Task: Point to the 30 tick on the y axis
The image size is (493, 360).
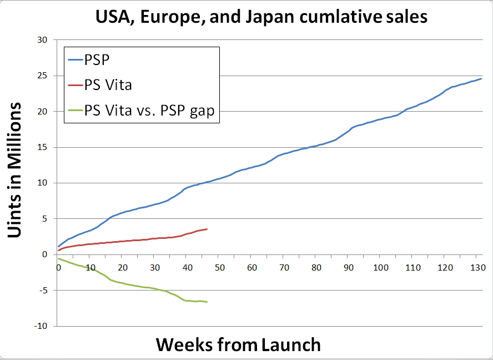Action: click(42, 40)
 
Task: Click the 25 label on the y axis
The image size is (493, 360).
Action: click(42, 76)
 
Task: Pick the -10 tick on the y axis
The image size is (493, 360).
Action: click(40, 326)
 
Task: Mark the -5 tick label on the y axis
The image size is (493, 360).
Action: click(42, 291)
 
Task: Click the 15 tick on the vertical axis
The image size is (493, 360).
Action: click(42, 147)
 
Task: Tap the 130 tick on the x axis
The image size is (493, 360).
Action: click(477, 267)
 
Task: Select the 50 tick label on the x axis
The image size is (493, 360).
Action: click(220, 267)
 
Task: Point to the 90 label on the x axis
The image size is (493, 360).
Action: click(349, 267)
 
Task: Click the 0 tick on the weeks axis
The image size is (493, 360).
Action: click(58, 267)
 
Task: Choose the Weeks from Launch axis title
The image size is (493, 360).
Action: click(238, 344)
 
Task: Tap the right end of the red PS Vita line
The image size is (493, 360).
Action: click(207, 229)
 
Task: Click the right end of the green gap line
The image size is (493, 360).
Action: click(207, 302)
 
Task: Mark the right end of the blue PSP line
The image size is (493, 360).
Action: click(481, 78)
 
